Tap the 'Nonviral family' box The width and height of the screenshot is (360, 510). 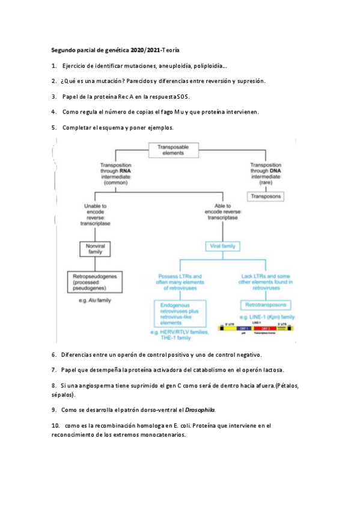click(96, 249)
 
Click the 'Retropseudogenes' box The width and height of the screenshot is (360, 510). click(93, 282)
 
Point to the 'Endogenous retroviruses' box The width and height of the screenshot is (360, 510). click(179, 313)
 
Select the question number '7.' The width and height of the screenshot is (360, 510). click(54, 369)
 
